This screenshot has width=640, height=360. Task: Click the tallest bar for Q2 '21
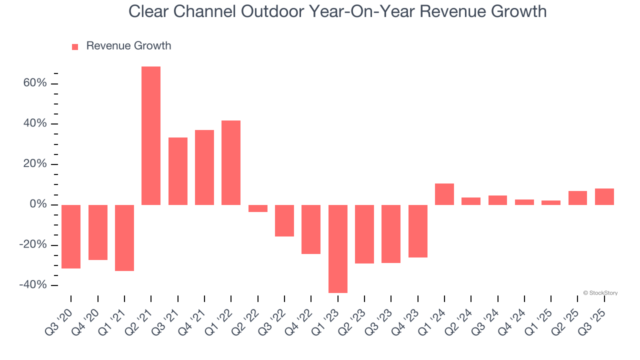(151, 135)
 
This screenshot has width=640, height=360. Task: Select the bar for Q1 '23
(337, 248)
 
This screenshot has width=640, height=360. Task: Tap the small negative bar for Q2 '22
(258, 208)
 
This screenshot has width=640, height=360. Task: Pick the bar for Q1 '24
(444, 194)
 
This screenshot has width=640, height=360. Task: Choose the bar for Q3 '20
(71, 236)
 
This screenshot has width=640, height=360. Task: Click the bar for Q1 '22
(231, 162)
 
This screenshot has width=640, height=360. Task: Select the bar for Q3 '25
(604, 196)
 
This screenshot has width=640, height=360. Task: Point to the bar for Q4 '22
(311, 229)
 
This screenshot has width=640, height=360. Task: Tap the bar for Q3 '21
(178, 171)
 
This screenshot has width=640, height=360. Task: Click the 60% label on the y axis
(35, 83)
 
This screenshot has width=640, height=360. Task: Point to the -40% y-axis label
(33, 284)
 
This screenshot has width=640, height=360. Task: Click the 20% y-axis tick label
(35, 164)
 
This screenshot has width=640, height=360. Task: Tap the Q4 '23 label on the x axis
(407, 318)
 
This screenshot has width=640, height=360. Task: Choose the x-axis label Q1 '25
(541, 318)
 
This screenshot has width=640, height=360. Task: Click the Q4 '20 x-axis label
(87, 318)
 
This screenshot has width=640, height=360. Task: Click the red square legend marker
(75, 46)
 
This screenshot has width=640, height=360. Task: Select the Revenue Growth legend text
(128, 46)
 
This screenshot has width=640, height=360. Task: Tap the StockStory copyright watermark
(600, 293)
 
